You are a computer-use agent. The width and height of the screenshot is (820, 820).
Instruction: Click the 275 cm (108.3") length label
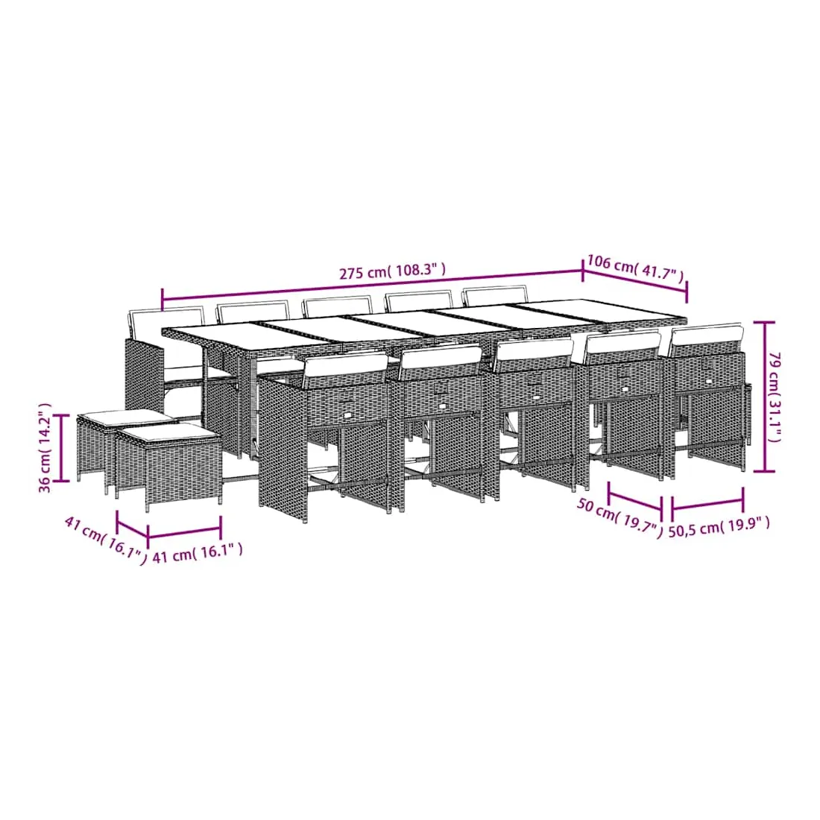coord(392,271)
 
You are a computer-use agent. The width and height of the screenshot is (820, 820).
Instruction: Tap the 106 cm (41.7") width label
coord(635,267)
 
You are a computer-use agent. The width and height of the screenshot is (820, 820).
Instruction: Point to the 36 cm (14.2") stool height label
coord(45,447)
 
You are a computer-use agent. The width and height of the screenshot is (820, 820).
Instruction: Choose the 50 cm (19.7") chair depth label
coord(619,516)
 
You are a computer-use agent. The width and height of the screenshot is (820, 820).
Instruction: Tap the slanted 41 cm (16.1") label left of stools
coord(105,540)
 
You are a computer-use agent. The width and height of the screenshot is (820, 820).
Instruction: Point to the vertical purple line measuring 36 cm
coord(62,447)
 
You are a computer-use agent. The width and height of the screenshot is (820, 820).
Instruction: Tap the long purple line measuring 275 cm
coord(372,286)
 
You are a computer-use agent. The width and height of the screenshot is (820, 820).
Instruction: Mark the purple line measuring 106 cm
coord(635,283)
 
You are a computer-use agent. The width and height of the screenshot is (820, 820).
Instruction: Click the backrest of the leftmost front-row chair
coord(345,369)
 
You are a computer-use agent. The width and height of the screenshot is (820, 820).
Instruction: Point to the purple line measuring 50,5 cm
coord(707,503)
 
